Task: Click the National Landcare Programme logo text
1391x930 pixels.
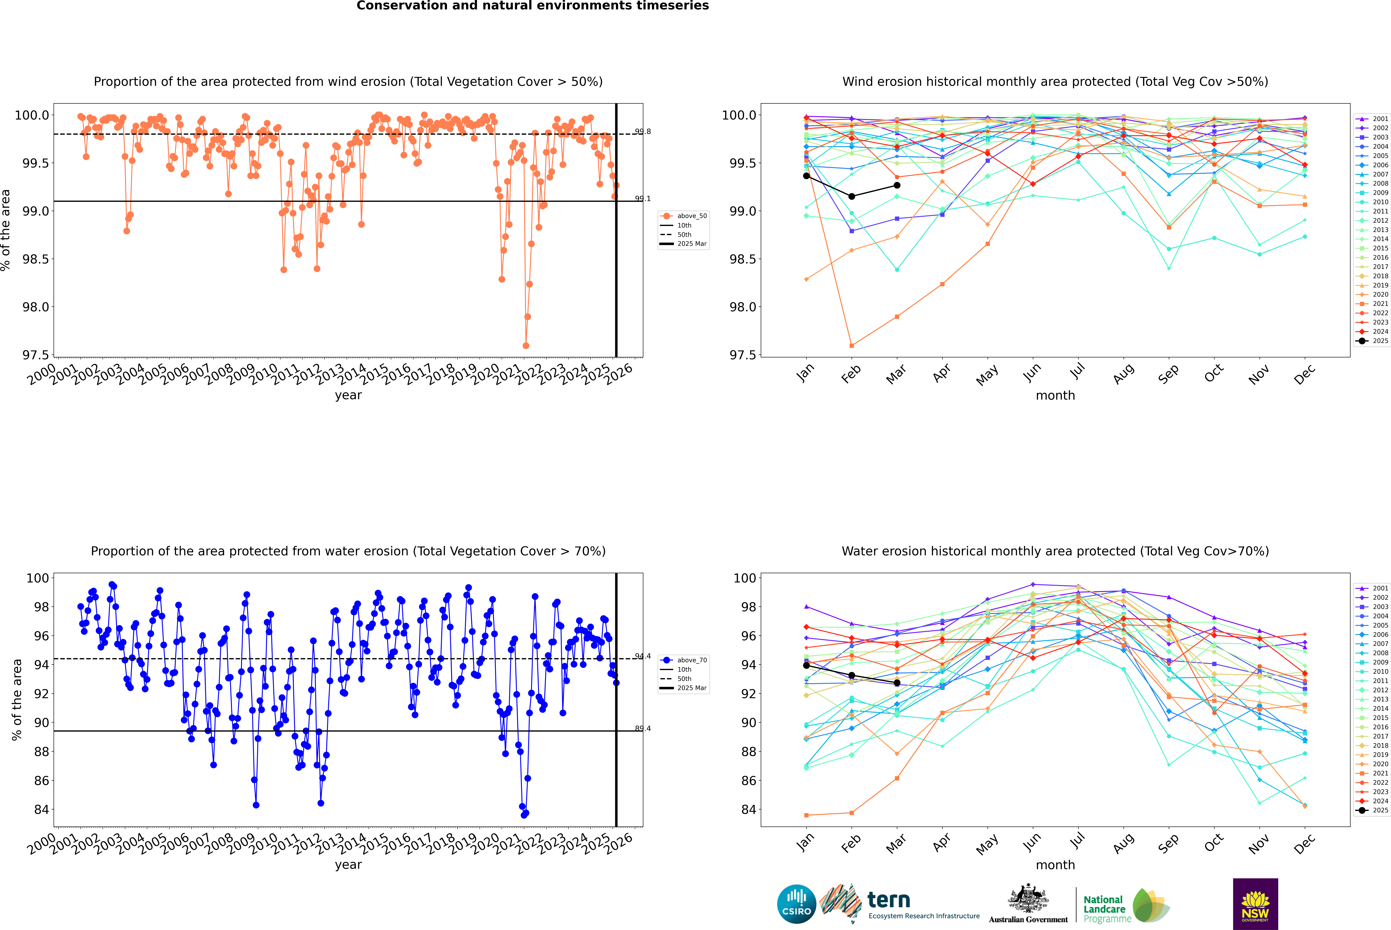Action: (x=1104, y=909)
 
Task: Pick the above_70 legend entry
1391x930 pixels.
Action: (x=684, y=660)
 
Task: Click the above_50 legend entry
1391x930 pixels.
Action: (x=684, y=216)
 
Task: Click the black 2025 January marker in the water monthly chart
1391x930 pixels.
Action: (x=806, y=665)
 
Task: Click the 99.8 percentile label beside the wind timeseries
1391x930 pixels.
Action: (x=643, y=132)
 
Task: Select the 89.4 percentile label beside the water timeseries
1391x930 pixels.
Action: (x=643, y=728)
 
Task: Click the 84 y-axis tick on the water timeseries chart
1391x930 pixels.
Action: (x=41, y=810)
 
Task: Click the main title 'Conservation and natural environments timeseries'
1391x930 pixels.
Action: (x=532, y=6)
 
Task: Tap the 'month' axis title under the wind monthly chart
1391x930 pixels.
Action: (x=1055, y=396)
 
